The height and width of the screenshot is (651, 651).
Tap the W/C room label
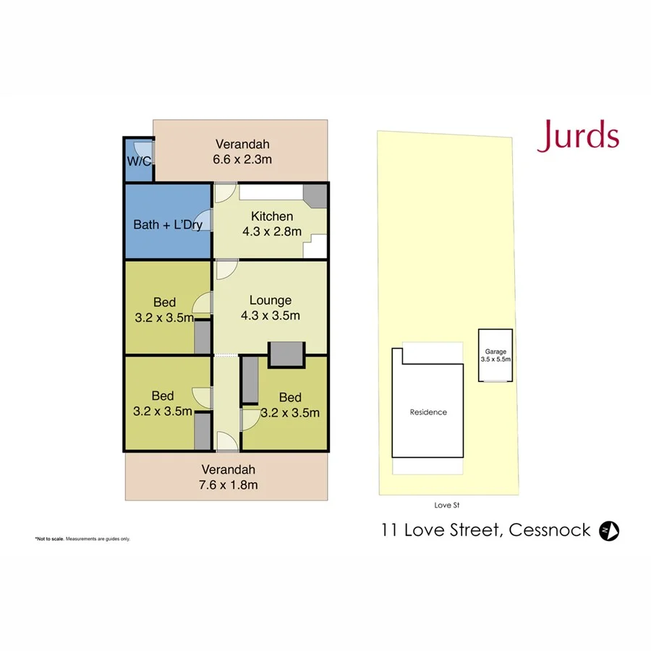tap(139, 161)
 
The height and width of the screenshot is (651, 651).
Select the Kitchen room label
tap(272, 216)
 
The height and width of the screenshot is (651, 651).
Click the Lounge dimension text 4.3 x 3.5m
tap(271, 315)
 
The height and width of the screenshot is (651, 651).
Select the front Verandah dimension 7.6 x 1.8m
tap(229, 485)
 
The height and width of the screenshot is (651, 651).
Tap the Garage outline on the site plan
tap(495, 356)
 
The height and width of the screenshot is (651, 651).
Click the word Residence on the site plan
tap(428, 412)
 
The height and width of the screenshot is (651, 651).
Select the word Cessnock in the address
tap(550, 531)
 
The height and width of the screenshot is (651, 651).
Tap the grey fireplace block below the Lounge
tap(287, 354)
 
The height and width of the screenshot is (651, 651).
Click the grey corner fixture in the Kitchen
tap(314, 195)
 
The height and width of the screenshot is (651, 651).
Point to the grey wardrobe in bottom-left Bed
tap(203, 431)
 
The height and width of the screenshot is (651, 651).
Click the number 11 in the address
tap(391, 531)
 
